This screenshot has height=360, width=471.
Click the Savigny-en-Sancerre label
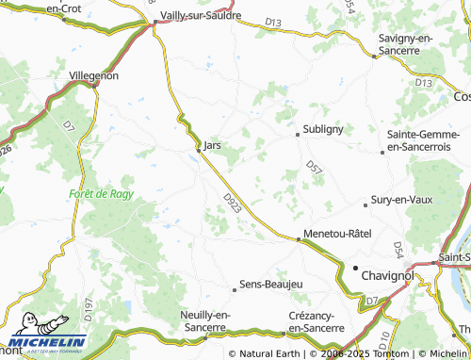(x=405, y=42)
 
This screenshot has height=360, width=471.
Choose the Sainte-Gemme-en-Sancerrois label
(x=420, y=141)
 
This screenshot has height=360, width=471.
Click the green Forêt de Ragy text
(x=101, y=193)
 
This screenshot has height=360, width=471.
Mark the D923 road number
(x=233, y=205)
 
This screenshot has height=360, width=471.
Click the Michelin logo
(x=47, y=341)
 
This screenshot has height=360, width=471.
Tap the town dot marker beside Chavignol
(x=356, y=270)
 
